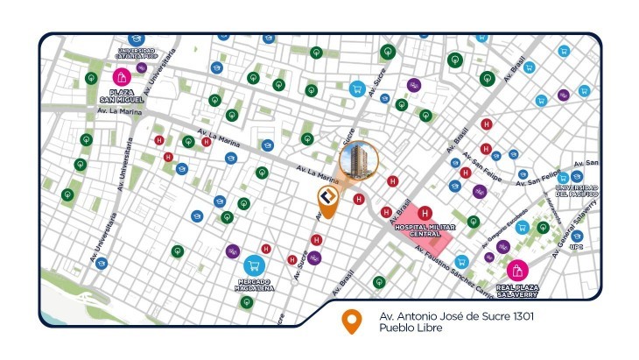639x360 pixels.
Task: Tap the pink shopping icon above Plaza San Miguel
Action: (121, 77)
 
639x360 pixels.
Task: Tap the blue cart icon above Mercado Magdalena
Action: (255, 264)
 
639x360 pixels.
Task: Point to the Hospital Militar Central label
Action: (425, 229)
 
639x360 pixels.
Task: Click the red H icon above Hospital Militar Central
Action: (425, 213)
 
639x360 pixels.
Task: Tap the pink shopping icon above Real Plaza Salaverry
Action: (516, 270)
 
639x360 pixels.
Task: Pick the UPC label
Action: (577, 247)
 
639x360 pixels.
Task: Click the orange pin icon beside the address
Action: (352, 321)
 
